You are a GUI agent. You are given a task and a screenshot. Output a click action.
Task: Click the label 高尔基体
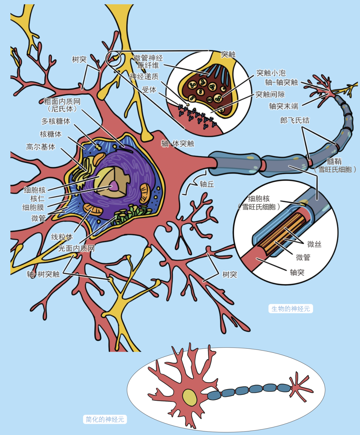[x=41, y=147]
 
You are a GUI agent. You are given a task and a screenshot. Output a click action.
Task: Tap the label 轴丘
[x=207, y=184]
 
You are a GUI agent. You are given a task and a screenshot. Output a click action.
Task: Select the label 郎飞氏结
[x=295, y=120]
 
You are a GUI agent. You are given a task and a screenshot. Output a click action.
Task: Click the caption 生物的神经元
[x=291, y=309]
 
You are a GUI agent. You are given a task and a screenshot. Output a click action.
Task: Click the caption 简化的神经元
[x=105, y=419]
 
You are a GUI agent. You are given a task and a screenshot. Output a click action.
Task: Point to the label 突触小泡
[x=271, y=73]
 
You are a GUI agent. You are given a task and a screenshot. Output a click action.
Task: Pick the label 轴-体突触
[x=177, y=143]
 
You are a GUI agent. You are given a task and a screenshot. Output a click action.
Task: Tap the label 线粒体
[x=62, y=237]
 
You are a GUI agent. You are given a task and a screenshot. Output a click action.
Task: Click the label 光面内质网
[x=76, y=248]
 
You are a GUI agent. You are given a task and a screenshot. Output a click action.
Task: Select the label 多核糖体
[x=56, y=121]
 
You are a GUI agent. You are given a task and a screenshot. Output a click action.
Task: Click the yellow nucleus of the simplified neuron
[x=189, y=398]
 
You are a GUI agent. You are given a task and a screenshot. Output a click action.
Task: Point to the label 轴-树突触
[x=43, y=274]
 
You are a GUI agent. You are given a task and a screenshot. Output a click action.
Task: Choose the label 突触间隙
[x=270, y=94]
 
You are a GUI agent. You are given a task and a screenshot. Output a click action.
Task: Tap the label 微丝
[x=314, y=244]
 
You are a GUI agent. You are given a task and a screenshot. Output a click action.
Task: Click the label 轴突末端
[x=283, y=106]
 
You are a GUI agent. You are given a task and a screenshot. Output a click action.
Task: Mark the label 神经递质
[x=144, y=76]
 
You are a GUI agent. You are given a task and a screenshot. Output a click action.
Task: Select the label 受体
[x=149, y=89]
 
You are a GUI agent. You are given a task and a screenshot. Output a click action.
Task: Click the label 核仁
[x=37, y=198]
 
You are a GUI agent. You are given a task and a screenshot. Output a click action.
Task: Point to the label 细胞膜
[x=33, y=207]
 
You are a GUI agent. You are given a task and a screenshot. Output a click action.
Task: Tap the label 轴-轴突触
[x=281, y=82]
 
